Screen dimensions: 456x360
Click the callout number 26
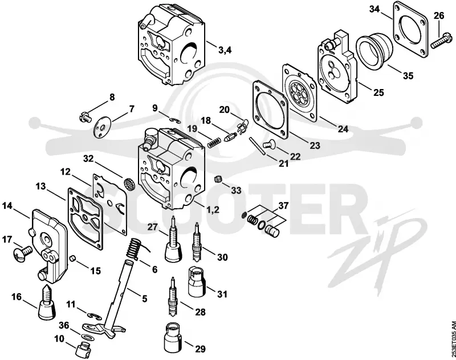click(439, 15)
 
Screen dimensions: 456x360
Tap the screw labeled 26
click(442, 42)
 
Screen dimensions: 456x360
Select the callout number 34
click(374, 9)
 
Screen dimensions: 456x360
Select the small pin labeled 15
click(74, 257)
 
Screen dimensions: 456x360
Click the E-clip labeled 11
click(94, 315)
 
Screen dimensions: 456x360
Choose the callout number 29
click(200, 349)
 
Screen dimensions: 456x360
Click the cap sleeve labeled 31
click(197, 281)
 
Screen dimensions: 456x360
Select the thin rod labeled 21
click(258, 147)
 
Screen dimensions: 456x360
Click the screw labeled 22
click(269, 144)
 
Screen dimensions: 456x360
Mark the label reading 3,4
click(225, 50)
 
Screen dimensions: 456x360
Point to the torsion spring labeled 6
click(136, 248)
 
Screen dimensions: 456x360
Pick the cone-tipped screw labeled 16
click(47, 303)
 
